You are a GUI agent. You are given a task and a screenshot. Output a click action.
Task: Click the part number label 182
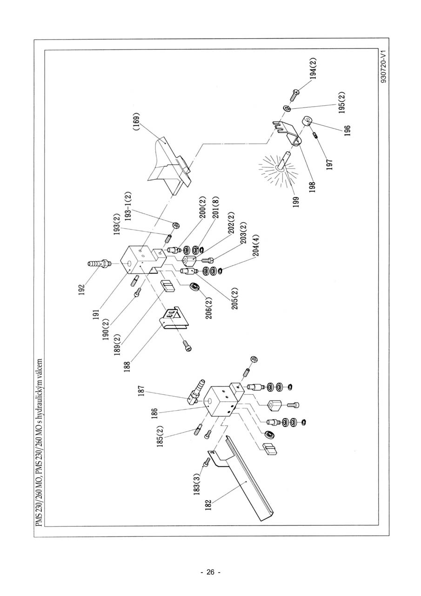pos(208,505)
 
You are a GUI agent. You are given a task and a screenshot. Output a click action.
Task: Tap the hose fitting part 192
pos(98,265)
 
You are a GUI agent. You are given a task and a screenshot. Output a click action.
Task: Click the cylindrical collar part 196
pos(308,122)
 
